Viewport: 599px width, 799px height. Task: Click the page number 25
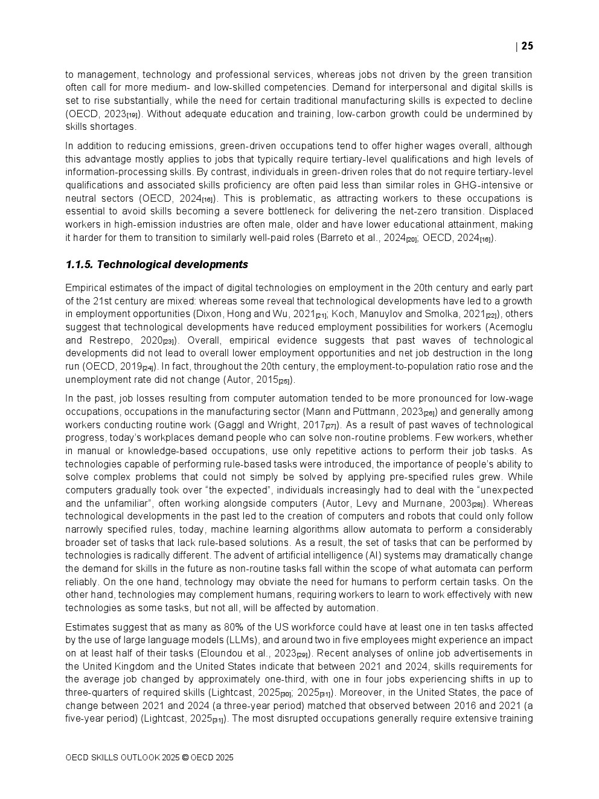pos(527,47)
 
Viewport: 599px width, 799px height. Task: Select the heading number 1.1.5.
pos(79,265)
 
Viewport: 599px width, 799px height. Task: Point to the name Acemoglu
pos(511,327)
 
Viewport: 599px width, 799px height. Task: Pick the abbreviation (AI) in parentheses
pos(373,556)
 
